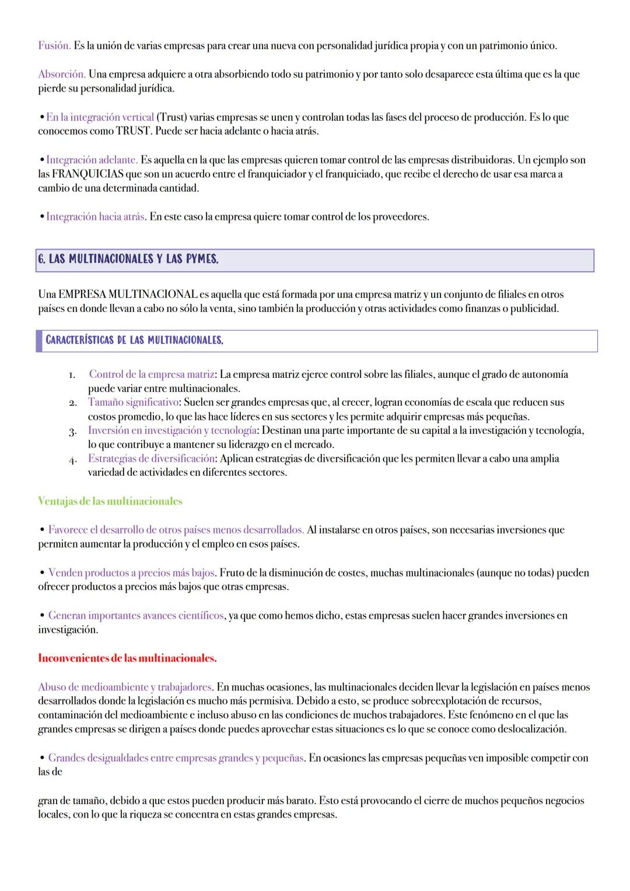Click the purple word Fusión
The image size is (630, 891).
54,45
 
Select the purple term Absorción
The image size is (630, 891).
62,75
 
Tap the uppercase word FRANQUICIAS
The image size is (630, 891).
85,174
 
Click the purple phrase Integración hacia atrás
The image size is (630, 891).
96,217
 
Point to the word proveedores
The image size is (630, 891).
399,217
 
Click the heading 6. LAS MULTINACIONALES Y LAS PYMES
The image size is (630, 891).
128,260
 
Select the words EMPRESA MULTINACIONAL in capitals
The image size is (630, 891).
128,294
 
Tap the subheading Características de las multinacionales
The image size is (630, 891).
134,340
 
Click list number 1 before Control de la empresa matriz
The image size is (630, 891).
71,375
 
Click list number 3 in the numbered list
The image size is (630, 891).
71,431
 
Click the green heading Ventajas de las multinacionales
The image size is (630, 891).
110,501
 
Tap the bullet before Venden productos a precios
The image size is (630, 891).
42,573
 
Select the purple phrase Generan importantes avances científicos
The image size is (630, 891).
135,616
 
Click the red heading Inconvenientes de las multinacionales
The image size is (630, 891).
127,658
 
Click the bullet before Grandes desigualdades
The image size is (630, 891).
42,758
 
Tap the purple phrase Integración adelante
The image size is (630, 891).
92,160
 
